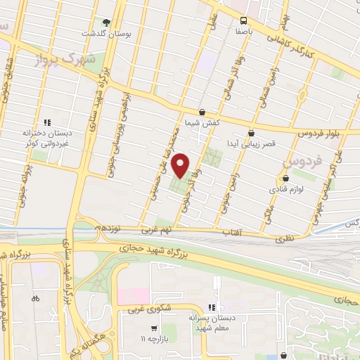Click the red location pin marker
pos(181,166)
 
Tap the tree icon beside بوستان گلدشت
pos(107,23)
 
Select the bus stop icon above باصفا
pos(243,20)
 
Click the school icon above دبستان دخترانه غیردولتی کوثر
pos(47,122)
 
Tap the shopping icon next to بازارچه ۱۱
pos(153,328)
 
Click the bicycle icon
pos(36,298)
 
